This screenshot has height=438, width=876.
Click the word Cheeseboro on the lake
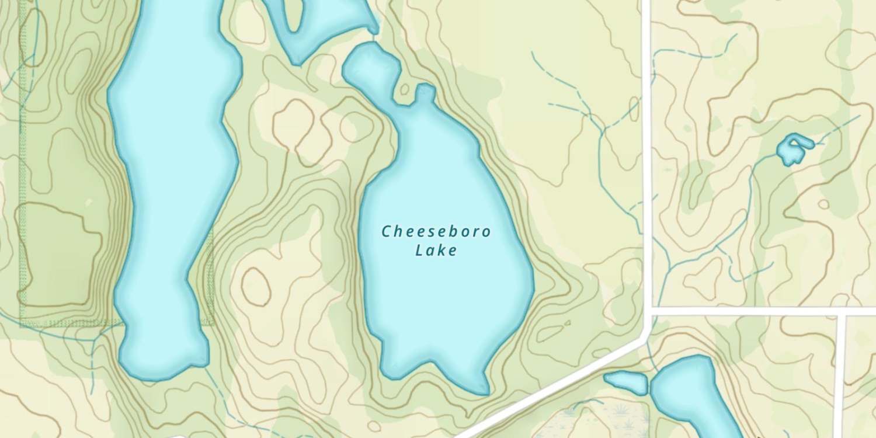tap(436, 232)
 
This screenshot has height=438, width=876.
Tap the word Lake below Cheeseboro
tap(436, 251)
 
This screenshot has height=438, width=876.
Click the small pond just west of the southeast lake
tap(626, 382)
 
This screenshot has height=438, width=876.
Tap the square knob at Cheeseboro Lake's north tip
tap(425, 92)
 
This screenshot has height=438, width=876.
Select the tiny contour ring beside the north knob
tap(404, 89)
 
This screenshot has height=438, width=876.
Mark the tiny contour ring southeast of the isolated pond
tap(823, 204)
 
